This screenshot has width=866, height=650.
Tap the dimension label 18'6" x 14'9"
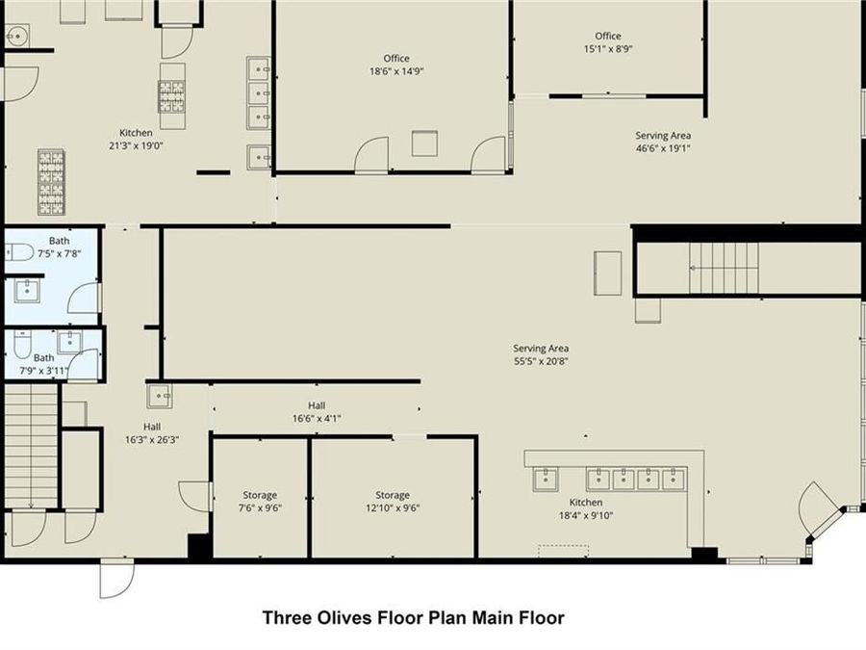396,71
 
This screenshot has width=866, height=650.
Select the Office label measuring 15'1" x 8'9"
608,42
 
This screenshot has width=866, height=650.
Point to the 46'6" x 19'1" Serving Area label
662,143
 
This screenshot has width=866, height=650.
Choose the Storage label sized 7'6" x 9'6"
259,502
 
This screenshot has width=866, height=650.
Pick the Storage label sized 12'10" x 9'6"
393,502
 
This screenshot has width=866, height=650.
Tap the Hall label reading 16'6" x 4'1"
317,412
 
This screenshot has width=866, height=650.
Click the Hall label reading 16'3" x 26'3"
152,433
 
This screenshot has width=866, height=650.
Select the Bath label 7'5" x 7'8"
60,247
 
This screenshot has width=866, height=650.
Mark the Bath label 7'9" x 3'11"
44,364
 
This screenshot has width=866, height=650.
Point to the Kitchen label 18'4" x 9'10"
585,509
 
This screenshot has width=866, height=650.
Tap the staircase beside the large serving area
724,269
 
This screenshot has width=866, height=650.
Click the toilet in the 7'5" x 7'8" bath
20,253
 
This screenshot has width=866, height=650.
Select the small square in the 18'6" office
424,143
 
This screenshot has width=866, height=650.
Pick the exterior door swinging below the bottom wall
116,580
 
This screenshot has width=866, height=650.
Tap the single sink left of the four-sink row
546,479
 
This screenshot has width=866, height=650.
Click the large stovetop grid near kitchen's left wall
51,181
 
